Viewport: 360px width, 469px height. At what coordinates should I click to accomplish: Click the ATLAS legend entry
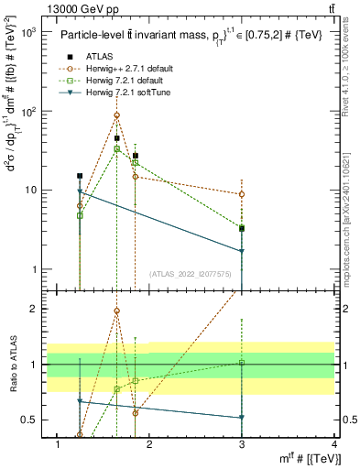(x=98, y=57)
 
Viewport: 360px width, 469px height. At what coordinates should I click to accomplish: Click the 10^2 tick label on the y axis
(x=29, y=111)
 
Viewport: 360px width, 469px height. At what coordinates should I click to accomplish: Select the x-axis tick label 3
(x=242, y=444)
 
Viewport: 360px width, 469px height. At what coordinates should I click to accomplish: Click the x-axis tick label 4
(x=334, y=444)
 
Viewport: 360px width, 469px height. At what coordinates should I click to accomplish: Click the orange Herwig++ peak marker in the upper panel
(x=116, y=115)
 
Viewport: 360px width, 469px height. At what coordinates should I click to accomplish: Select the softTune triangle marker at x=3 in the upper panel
(x=242, y=251)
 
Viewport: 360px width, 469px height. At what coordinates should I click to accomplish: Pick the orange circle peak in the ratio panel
(x=116, y=311)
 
